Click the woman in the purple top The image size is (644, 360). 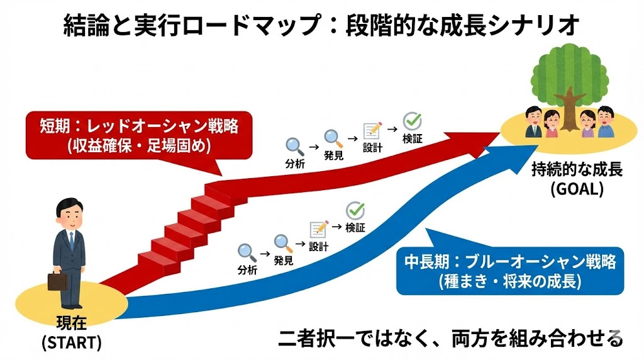[587, 125]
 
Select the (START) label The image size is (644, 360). [71, 343]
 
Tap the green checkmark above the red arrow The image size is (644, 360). [413, 121]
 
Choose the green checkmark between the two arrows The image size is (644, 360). [356, 210]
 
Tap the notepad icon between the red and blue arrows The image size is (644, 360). [319, 229]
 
